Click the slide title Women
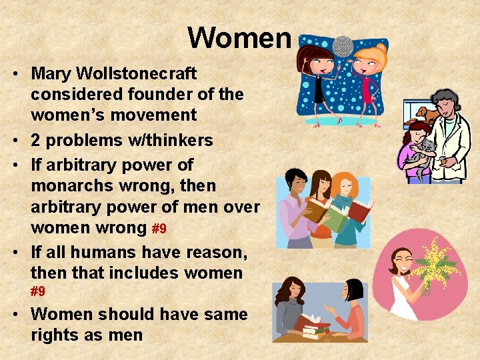pyautogui.click(x=239, y=38)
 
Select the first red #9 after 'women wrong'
pyautogui.click(x=159, y=229)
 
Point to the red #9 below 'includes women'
pyautogui.click(x=38, y=291)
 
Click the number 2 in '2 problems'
pyautogui.click(x=37, y=140)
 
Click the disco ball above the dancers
pyautogui.click(x=343, y=45)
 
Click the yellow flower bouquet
pyautogui.click(x=434, y=263)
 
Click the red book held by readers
pyautogui.click(x=359, y=212)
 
